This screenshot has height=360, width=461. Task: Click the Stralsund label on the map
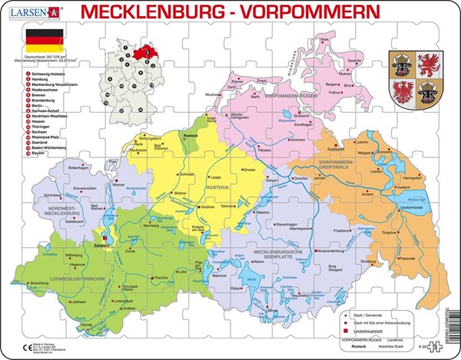(304, 117)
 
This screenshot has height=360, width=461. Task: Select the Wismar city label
(118, 185)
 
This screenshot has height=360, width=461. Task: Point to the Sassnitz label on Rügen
(357, 59)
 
